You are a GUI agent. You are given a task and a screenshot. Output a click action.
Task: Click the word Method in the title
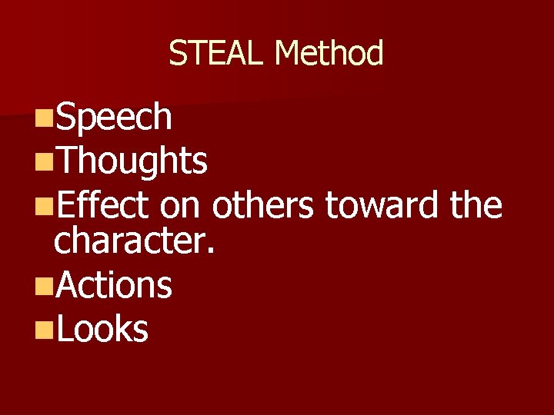[329, 54]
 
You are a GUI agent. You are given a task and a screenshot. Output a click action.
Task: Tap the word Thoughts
[132, 161]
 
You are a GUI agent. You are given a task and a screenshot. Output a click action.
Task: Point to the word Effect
[101, 206]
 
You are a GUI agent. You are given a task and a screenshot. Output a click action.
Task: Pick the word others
[263, 206]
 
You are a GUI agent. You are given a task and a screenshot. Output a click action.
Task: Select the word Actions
[114, 285]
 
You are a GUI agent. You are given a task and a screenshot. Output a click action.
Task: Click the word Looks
[102, 329]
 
